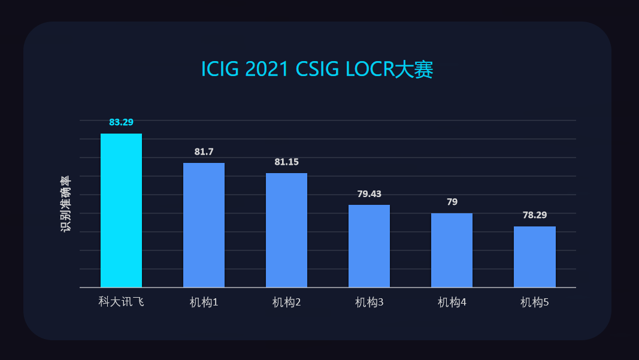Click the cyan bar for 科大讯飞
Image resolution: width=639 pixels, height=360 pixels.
click(x=121, y=210)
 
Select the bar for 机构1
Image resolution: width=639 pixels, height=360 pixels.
click(x=204, y=225)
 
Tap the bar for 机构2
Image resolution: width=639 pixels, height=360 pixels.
click(x=286, y=230)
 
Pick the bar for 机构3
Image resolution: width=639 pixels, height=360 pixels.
click(x=369, y=246)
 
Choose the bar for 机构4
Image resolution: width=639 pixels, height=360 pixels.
click(x=452, y=250)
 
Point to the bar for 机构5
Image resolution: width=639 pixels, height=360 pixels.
click(x=534, y=257)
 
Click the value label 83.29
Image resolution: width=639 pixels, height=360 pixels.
click(x=121, y=122)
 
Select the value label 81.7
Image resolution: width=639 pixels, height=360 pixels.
click(x=204, y=152)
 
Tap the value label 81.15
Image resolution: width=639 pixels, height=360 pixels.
click(x=286, y=162)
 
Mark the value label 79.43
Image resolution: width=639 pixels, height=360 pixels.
click(x=369, y=193)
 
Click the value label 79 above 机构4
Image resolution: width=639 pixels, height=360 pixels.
click(x=452, y=202)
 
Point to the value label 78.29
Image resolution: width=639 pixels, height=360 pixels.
click(x=534, y=215)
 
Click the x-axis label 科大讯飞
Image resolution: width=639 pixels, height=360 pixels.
click(x=121, y=302)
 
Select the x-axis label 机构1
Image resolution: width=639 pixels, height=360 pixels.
click(x=204, y=302)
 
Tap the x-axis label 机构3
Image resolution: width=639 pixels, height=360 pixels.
click(x=369, y=302)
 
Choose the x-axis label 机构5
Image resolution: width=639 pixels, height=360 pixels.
click(x=534, y=302)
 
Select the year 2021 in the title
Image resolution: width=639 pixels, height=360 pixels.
click(x=268, y=69)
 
